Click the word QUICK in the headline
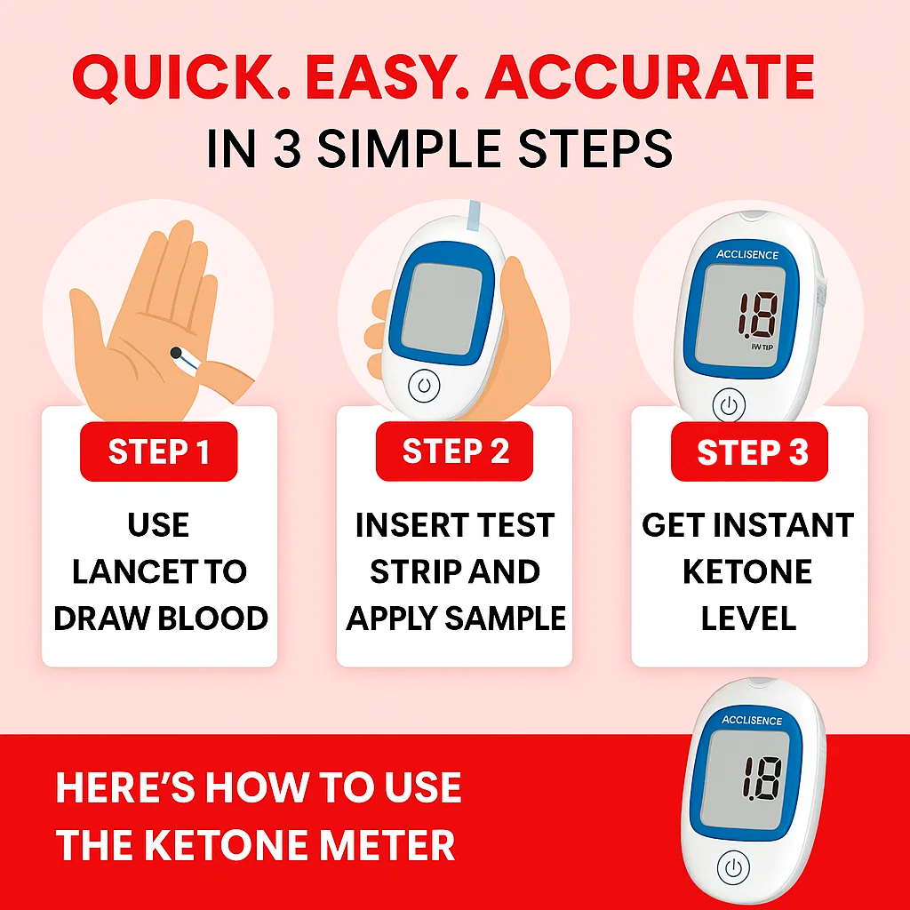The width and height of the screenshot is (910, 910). click(173, 78)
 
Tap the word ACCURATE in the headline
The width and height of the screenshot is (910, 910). click(651, 77)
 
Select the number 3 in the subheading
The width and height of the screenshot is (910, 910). click(287, 149)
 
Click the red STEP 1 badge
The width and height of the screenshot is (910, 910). click(158, 451)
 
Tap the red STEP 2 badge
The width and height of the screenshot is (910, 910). click(454, 451)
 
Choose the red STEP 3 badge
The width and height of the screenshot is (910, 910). click(749, 451)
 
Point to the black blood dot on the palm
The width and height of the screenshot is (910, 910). click(175, 352)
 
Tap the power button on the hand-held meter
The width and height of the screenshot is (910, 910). click(424, 386)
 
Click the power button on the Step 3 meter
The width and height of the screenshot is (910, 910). click(729, 404)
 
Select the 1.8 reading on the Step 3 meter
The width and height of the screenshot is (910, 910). click(758, 315)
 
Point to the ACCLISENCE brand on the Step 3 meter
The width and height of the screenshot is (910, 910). click(746, 254)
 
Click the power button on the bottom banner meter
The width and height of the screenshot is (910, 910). click(733, 867)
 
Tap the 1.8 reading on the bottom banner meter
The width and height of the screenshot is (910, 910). click(762, 778)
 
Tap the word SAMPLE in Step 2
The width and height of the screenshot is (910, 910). click(505, 619)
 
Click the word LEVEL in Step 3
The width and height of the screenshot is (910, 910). click(748, 619)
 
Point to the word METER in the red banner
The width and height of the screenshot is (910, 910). click(387, 845)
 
